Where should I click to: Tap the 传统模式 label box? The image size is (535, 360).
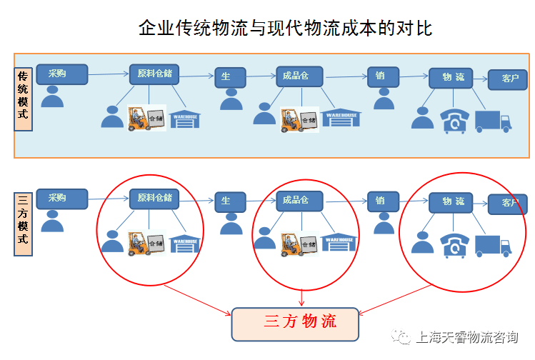tap(23, 99)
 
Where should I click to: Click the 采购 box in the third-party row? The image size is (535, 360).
tap(61, 199)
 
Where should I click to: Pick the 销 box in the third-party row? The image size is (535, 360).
tap(383, 201)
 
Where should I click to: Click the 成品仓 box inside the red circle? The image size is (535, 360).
tap(299, 201)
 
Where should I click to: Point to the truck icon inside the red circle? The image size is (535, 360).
tap(493, 246)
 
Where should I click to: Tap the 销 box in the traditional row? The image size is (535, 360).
tap(383, 76)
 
